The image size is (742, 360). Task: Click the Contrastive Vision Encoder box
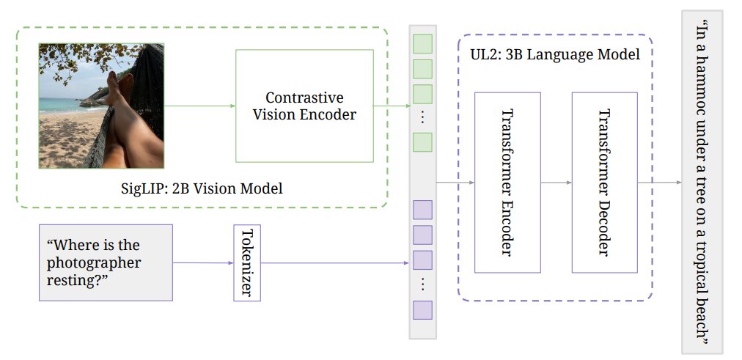coord(304,106)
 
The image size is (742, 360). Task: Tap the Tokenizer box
coord(247,262)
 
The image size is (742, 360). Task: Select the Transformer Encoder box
coord(507,182)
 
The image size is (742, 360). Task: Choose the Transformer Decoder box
coord(604,182)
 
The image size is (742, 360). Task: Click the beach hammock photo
coord(101,106)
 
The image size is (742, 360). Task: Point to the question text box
coord(106,262)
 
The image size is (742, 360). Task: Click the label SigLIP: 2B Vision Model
coord(202,188)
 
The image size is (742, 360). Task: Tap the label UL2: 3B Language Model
coord(555,54)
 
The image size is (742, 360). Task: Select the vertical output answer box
coord(702,182)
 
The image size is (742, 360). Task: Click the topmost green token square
coord(423,43)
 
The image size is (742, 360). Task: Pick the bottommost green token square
coord(423,142)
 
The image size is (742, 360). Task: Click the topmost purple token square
coord(423,210)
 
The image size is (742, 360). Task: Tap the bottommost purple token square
coord(423,309)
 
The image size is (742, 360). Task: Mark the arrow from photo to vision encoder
coord(199,106)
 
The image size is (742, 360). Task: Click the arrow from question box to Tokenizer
coord(203,262)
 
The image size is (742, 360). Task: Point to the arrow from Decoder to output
coord(658,182)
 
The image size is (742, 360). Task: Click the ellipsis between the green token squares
coord(423,118)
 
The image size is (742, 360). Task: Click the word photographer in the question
coord(93,262)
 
